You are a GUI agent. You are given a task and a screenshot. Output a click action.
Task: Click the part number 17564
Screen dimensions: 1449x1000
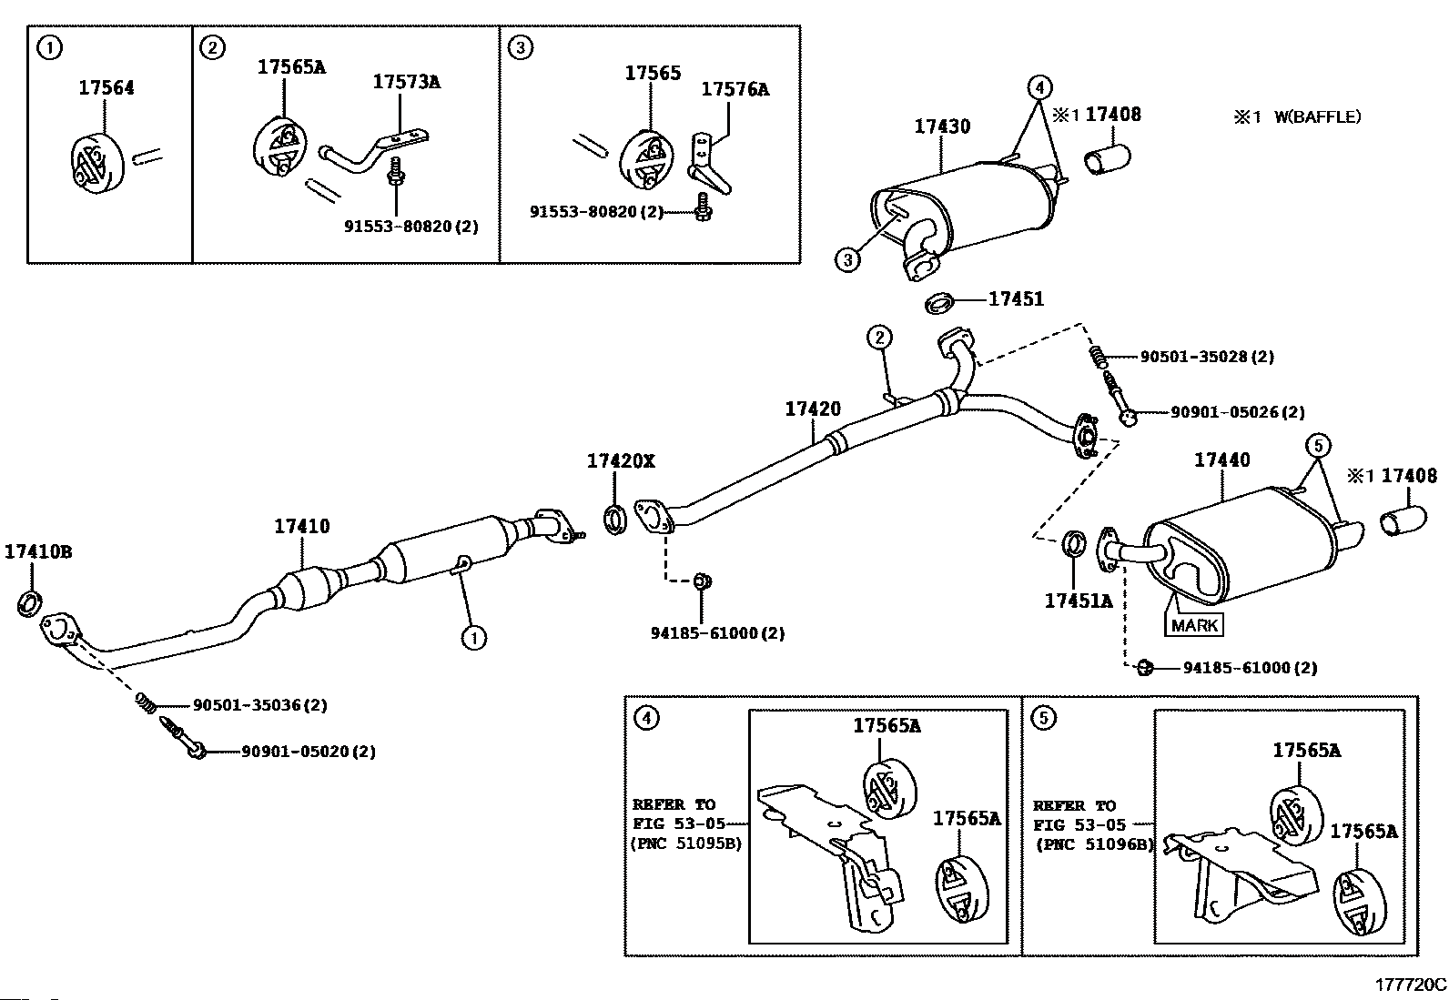(106, 87)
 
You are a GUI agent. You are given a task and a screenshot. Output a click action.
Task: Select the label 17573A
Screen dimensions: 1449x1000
(406, 82)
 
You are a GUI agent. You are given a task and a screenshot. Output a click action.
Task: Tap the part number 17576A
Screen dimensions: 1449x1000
(735, 89)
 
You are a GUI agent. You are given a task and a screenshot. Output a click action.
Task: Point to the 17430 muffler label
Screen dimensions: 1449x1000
(942, 126)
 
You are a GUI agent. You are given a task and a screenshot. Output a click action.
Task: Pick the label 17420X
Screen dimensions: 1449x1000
(621, 460)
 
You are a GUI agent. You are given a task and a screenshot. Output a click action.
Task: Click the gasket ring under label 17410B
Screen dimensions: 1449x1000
(29, 603)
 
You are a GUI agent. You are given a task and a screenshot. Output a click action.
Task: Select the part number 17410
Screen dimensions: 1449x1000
(301, 526)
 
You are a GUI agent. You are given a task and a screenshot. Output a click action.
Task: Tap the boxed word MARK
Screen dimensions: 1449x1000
(1194, 625)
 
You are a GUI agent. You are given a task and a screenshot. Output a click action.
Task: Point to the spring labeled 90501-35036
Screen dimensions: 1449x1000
(147, 703)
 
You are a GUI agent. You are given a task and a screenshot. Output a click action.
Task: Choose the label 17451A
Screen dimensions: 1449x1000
(1079, 601)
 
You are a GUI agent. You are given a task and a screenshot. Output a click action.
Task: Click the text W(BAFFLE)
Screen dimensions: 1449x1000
(1317, 117)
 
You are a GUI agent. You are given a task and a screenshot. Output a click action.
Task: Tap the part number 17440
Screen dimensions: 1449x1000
(1221, 460)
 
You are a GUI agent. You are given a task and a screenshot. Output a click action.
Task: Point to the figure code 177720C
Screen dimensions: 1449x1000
(1410, 985)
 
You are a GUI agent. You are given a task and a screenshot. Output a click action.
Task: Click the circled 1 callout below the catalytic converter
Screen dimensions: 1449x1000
(473, 638)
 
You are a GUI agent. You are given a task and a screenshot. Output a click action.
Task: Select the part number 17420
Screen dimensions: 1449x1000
(813, 409)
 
